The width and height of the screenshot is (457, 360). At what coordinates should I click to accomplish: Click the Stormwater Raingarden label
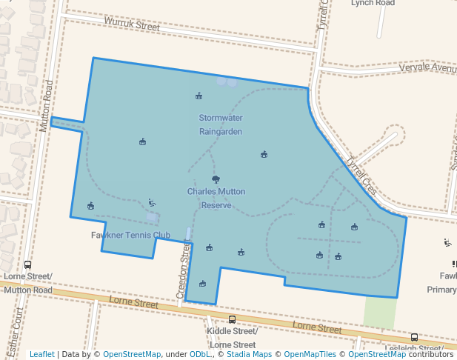coord(221,124)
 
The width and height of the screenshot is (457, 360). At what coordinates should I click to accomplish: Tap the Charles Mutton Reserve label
coord(216,199)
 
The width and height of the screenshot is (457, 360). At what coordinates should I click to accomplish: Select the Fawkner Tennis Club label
coord(130,236)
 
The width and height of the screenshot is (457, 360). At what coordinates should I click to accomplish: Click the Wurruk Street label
coord(132,24)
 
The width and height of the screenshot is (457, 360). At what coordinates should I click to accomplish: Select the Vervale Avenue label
coord(427,67)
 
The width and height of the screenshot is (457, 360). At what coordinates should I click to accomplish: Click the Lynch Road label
coord(373,3)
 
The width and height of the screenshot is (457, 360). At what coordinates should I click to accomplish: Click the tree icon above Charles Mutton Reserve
coord(216,179)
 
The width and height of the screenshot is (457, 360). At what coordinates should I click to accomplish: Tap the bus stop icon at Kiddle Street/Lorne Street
coord(232,319)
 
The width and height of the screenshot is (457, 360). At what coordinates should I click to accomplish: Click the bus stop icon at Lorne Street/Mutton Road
coord(27,264)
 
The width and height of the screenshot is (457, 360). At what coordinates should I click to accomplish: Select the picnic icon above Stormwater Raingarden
coord(199,96)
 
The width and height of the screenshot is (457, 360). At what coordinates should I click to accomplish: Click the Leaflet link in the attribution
coord(41,354)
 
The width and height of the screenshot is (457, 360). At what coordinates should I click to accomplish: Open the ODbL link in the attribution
coord(199,354)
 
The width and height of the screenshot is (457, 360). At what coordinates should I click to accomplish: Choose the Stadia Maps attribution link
coord(247,354)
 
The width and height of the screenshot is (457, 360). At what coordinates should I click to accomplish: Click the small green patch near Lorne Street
coord(380,311)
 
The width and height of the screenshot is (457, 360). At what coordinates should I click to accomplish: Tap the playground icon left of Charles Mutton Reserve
coord(152,202)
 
